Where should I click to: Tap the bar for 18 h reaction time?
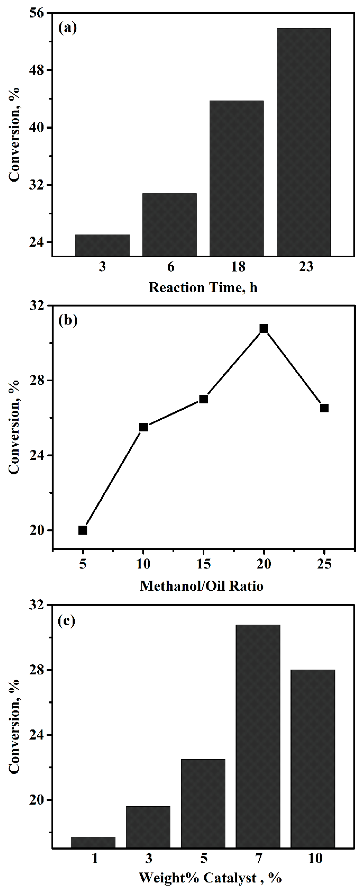237,178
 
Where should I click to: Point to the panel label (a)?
68,28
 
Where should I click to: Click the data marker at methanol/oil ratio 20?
264,328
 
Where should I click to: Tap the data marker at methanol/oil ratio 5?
83,530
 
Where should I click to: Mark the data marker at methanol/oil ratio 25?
324,408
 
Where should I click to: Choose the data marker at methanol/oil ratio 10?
143,427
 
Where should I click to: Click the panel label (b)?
68,320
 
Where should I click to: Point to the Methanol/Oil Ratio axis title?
202,586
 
